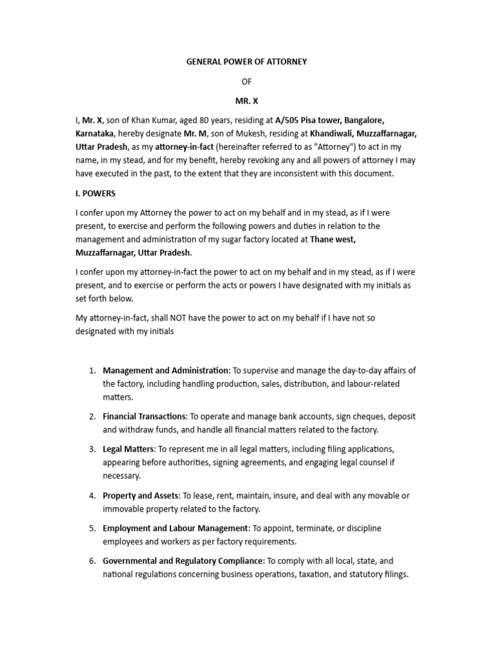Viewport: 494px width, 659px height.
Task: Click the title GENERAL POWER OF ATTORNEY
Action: [x=246, y=62]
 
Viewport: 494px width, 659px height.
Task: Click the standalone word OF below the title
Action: [x=246, y=82]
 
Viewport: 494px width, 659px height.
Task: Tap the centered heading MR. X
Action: [x=246, y=102]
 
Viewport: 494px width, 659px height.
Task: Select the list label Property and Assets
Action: [x=140, y=496]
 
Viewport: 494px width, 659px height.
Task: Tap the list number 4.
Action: [x=92, y=496]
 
